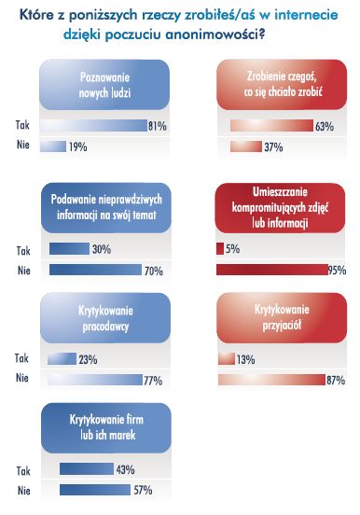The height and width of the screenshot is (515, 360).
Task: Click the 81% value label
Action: pos(158,126)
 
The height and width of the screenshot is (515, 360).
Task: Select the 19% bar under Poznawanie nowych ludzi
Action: pos(53,146)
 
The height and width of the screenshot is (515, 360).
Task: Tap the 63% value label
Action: pos(325,126)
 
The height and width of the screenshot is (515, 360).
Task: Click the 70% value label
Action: pos(154,271)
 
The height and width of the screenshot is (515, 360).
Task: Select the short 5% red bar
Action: pos(219,249)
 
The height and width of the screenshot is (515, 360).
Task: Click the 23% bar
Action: pos(62,358)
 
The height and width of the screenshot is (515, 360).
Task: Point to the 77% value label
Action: pos(154,380)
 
